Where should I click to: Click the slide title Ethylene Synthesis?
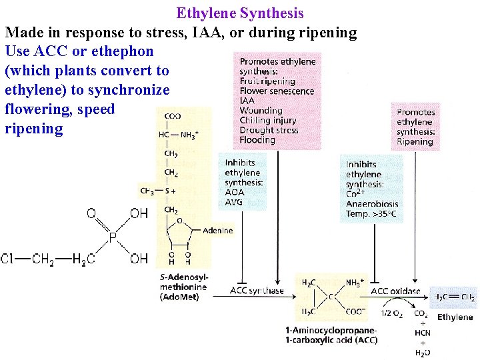click(x=240, y=13)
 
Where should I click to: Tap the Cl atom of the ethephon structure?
click(x=8, y=259)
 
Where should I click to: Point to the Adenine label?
click(x=218, y=231)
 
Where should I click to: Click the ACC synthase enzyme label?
click(x=257, y=290)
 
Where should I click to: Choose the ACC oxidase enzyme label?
click(x=395, y=291)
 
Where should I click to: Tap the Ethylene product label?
click(x=455, y=317)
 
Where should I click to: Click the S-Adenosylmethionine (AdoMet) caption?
click(x=184, y=287)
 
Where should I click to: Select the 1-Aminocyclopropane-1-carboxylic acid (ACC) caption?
click(x=331, y=335)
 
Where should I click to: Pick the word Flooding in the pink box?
click(x=257, y=140)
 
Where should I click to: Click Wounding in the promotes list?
click(x=261, y=111)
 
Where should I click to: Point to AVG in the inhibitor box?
click(x=235, y=202)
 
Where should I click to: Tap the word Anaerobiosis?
click(x=372, y=204)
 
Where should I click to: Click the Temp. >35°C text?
click(x=371, y=214)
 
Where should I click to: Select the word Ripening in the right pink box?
click(x=415, y=141)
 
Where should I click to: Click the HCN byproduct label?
click(x=422, y=333)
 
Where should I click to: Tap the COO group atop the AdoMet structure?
click(x=171, y=116)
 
